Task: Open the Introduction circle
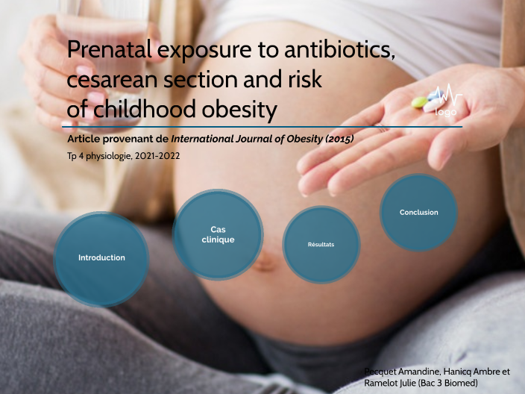coord(101,257)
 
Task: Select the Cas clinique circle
coord(218,234)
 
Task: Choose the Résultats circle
coord(321,245)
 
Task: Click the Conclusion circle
coord(418,212)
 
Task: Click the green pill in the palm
coord(420,101)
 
